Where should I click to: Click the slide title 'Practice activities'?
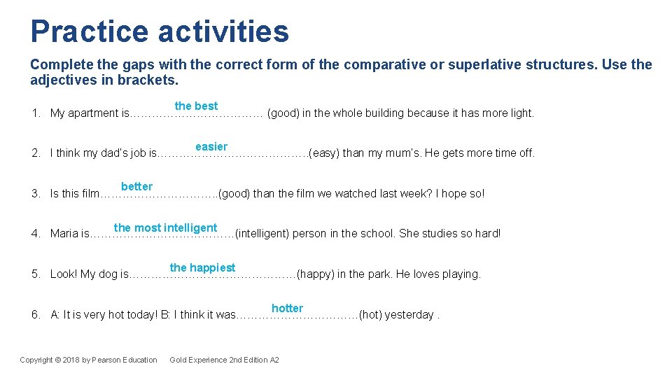(159, 31)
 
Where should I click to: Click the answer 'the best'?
(196, 106)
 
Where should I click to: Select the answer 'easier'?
(211, 146)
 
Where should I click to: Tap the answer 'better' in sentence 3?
(136, 186)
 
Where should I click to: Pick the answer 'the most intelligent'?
(165, 227)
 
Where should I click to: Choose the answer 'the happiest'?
(202, 267)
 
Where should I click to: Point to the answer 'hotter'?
(287, 308)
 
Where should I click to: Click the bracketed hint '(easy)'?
(325, 153)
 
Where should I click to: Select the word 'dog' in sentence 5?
(107, 274)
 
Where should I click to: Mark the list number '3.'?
(36, 194)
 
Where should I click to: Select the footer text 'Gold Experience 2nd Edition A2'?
(224, 360)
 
